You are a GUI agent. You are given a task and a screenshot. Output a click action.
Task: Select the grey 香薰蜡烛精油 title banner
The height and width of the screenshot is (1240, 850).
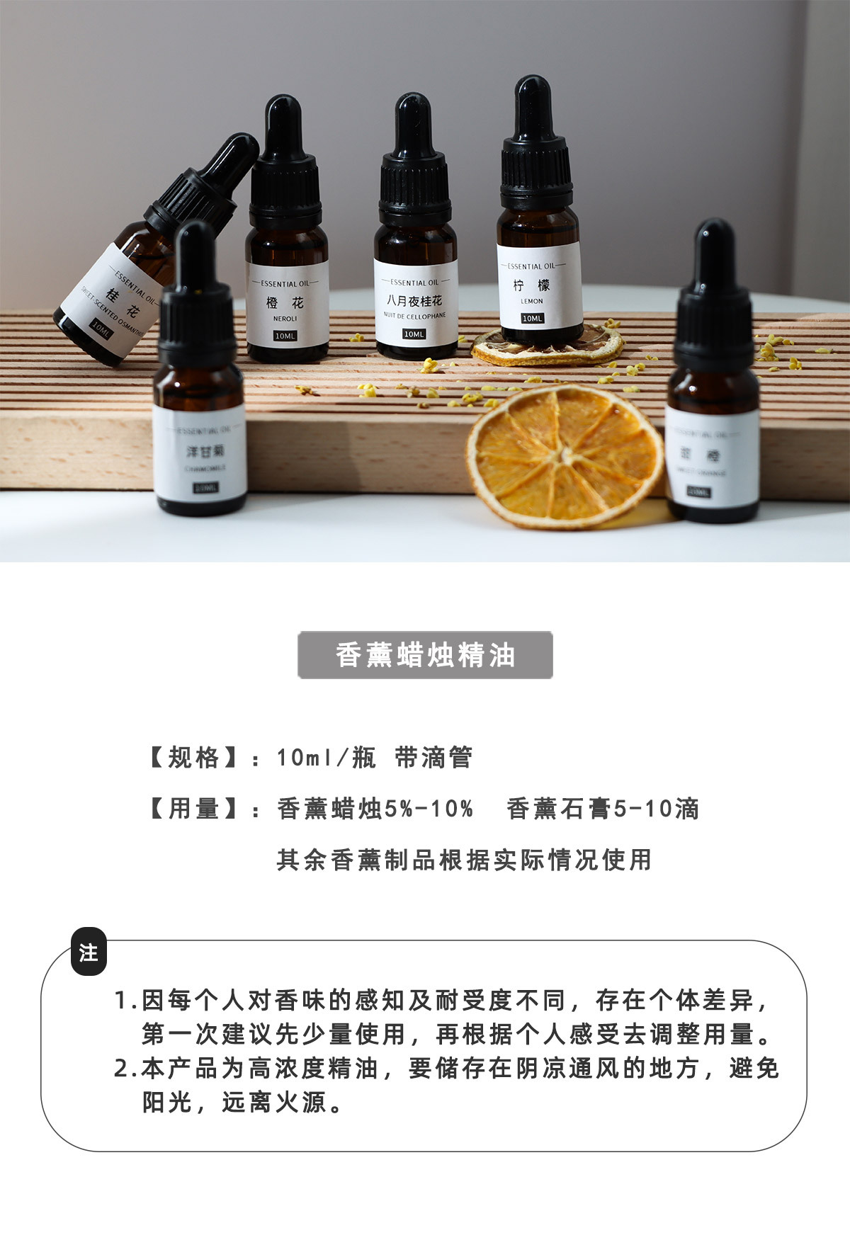[425, 655]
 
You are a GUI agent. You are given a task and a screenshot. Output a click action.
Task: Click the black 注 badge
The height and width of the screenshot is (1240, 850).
[89, 952]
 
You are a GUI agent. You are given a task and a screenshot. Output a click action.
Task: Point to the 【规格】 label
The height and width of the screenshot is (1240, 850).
[193, 758]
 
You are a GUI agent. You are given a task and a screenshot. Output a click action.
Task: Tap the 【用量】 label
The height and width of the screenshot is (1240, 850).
[193, 809]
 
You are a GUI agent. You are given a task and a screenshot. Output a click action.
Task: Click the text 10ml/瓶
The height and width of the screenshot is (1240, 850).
[326, 758]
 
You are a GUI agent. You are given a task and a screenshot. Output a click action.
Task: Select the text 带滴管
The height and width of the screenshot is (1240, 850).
[433, 758]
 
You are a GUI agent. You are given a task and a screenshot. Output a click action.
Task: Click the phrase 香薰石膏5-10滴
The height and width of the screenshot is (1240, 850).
[603, 809]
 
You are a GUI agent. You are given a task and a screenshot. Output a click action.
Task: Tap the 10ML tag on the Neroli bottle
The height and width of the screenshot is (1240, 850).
[285, 336]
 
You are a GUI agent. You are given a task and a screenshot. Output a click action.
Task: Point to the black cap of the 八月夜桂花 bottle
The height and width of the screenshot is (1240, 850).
[415, 188]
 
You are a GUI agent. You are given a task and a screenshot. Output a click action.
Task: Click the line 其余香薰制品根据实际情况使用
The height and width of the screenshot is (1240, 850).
[464, 860]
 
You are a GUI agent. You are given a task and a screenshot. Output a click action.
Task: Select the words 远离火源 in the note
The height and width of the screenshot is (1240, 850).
[273, 1102]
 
